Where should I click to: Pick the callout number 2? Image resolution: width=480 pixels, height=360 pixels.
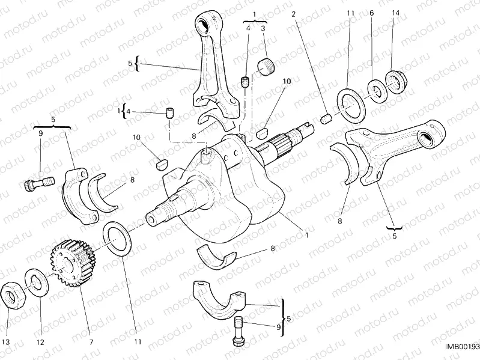click(293, 14)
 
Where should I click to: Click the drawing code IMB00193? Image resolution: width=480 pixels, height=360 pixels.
click(461, 347)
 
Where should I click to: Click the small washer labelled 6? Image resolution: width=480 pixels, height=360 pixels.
click(376, 90)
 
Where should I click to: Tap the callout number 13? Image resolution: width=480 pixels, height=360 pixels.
click(6, 342)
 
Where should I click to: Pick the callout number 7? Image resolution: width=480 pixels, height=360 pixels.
click(91, 342)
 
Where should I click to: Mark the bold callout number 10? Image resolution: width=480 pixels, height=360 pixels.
click(287, 81)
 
